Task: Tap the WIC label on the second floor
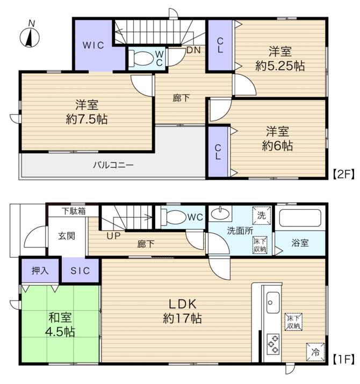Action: click(x=93, y=45)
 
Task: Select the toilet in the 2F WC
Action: click(x=140, y=59)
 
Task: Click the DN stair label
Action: click(x=193, y=50)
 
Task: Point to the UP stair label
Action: click(x=113, y=236)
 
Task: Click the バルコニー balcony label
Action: click(x=113, y=165)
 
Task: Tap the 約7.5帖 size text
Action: click(x=87, y=119)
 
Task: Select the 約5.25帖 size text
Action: click(x=280, y=66)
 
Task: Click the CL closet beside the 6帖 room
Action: click(x=218, y=152)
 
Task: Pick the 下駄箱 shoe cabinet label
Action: click(x=74, y=211)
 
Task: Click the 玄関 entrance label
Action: click(x=66, y=236)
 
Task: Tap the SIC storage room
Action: click(x=80, y=271)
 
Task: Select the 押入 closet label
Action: click(x=40, y=271)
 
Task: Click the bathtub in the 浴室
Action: click(x=300, y=218)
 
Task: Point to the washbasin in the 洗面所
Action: click(x=220, y=214)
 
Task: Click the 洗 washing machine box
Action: click(x=262, y=216)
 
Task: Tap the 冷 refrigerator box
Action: click(x=315, y=352)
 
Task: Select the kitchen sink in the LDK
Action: click(x=273, y=302)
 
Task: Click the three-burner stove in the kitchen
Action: click(x=273, y=344)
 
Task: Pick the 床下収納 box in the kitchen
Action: click(x=293, y=322)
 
